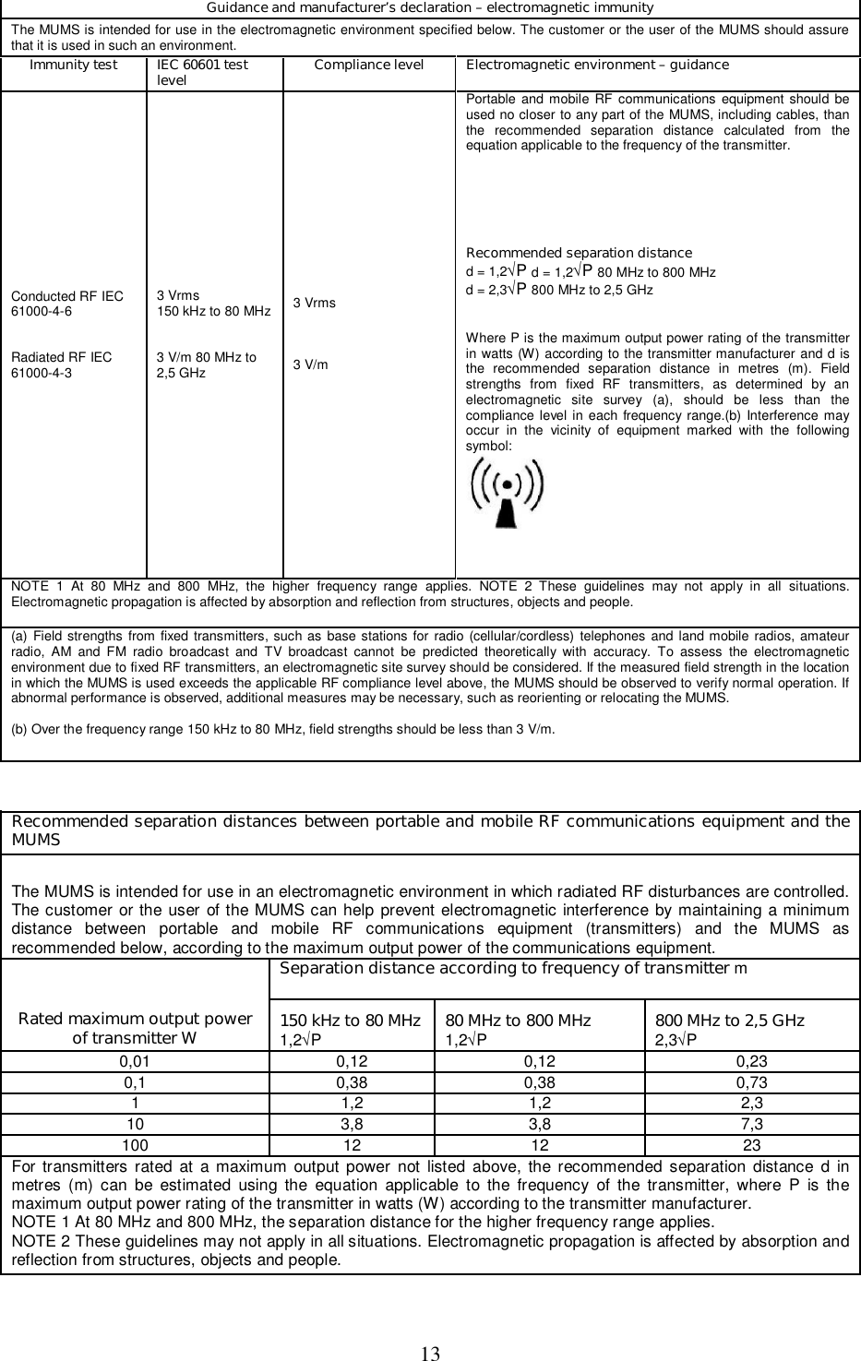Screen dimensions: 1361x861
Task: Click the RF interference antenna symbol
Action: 507,494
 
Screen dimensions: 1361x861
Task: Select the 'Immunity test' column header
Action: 74,66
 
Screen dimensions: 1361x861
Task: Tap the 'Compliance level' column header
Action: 368,66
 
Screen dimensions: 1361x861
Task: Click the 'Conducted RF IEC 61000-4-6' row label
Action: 67,304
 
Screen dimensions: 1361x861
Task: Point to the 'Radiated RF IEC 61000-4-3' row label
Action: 62,364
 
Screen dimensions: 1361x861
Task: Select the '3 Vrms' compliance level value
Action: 315,304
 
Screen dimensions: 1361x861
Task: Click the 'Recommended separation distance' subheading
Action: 579,253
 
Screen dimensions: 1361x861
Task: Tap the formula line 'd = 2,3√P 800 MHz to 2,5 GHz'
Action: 559,290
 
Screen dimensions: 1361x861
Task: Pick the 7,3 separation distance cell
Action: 752,1124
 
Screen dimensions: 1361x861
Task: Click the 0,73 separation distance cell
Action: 752,1082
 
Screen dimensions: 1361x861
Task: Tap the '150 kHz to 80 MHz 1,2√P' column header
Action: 351,1029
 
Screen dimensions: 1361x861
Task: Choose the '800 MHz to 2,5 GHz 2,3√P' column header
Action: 729,1029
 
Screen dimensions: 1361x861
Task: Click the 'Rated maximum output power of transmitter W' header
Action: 136,1028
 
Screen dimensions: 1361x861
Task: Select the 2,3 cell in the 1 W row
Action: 752,1103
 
